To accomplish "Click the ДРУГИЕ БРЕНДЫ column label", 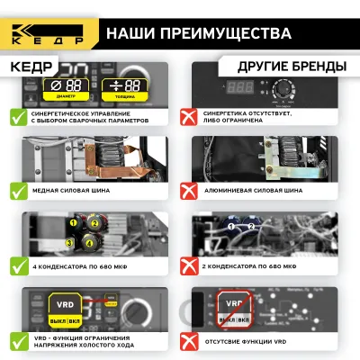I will point(291,67).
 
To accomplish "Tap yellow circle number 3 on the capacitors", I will point(68,242).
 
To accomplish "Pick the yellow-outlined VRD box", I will point(66,310).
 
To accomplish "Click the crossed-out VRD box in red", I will point(235,310).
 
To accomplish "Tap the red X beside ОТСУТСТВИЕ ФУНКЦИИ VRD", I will point(188,341).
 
